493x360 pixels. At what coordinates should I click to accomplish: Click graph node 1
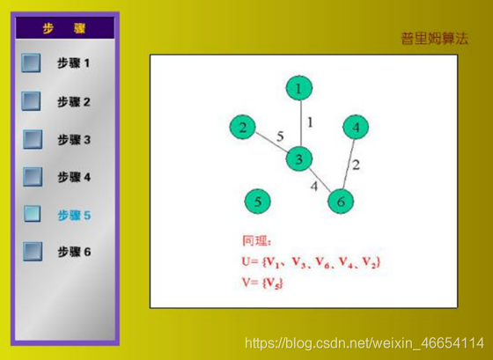299,88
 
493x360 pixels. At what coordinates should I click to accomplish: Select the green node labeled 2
242,128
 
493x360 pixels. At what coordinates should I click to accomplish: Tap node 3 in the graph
299,158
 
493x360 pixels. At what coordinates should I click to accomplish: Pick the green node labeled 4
356,127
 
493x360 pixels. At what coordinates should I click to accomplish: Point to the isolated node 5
257,202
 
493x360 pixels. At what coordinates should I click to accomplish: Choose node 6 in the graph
341,202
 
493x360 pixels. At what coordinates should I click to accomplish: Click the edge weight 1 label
310,122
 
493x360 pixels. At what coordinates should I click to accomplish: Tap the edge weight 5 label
280,136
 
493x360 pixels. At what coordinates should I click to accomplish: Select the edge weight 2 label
356,165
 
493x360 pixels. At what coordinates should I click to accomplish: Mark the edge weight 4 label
314,186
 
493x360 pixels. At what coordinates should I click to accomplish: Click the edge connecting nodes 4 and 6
349,165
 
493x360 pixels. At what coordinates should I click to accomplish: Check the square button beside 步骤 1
31,62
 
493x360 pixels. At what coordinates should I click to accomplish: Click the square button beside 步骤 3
33,139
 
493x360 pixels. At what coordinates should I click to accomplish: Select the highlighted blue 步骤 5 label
74,216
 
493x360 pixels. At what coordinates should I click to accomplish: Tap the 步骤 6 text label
74,252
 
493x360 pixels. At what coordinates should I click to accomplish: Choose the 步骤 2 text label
74,102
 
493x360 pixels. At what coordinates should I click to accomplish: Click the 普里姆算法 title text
435,39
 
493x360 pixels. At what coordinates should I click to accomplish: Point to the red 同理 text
256,241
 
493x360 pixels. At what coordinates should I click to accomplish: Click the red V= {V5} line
262,283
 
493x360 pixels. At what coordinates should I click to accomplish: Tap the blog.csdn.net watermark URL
364,342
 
